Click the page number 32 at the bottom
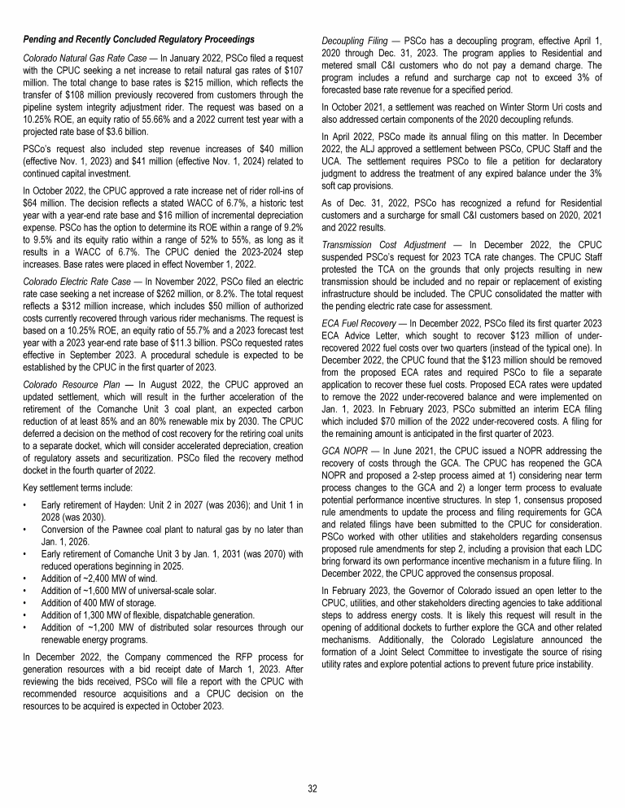(x=312, y=787)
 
